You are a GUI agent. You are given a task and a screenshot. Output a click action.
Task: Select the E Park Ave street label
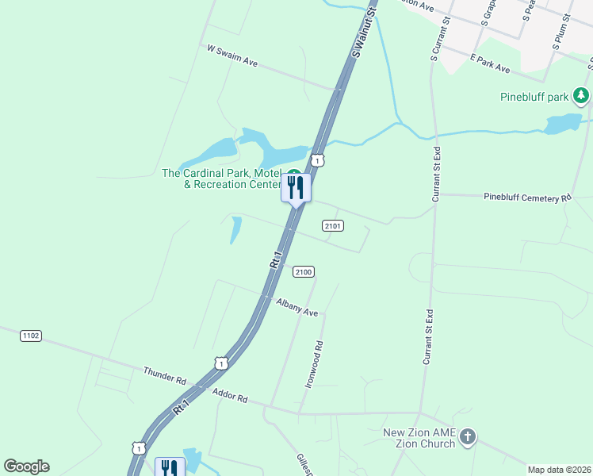(490, 63)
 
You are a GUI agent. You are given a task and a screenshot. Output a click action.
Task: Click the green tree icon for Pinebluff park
(582, 97)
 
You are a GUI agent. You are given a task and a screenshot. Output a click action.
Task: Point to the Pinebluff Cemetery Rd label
(526, 197)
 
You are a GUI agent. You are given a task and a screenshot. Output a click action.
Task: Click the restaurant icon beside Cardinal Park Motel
(296, 188)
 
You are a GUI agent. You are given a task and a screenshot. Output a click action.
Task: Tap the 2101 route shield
(333, 226)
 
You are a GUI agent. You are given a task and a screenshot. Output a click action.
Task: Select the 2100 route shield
(303, 272)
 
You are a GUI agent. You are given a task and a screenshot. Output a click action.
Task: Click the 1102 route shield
(30, 336)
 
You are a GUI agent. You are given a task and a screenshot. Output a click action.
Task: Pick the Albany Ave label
(296, 307)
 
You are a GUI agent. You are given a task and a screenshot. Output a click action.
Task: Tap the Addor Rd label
(231, 394)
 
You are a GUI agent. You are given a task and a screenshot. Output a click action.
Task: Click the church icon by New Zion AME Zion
(468, 436)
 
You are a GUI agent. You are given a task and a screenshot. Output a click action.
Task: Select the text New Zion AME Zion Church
(419, 438)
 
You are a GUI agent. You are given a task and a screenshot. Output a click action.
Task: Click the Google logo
(26, 466)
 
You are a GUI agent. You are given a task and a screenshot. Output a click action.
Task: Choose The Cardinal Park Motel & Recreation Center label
(222, 178)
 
